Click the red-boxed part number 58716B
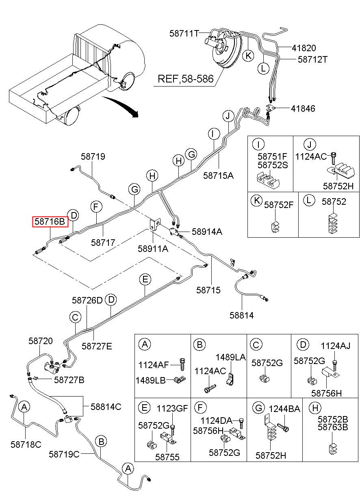click(x=50, y=221)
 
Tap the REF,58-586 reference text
click(x=186, y=79)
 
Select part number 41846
click(x=303, y=108)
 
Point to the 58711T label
click(x=184, y=34)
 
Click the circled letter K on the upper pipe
click(x=248, y=56)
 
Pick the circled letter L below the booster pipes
click(x=263, y=68)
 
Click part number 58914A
click(x=207, y=232)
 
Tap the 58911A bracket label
click(x=153, y=249)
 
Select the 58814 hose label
click(x=242, y=315)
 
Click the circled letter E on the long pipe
click(x=145, y=280)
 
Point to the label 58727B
click(x=69, y=380)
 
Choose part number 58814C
click(x=106, y=407)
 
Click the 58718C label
click(x=26, y=444)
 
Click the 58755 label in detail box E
click(x=167, y=457)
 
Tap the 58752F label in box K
click(x=279, y=205)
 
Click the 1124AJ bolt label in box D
click(x=335, y=346)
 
